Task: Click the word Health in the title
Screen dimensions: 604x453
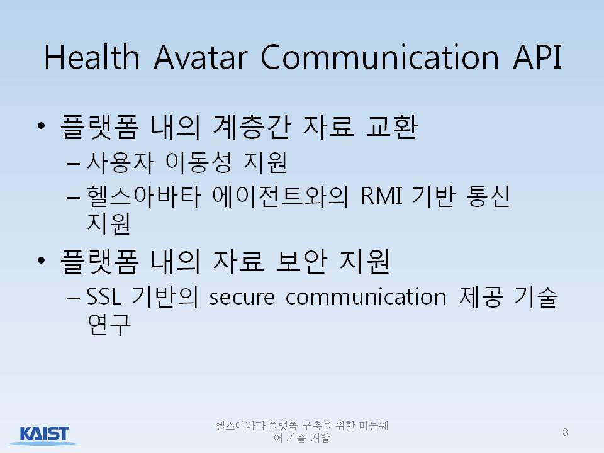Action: (92, 57)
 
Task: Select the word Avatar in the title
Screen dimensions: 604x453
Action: (200, 57)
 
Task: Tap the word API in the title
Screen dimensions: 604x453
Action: (537, 57)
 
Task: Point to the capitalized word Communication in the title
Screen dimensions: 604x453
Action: (380, 57)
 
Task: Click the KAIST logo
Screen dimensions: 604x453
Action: (44, 435)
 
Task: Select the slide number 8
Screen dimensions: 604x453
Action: (565, 432)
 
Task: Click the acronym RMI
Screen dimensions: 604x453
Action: (381, 196)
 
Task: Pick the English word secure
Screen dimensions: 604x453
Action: (242, 298)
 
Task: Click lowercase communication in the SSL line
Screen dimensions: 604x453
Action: (366, 297)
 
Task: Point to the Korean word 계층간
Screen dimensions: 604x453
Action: (251, 126)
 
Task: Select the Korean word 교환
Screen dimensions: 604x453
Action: (392, 126)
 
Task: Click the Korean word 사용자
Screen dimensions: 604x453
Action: (121, 162)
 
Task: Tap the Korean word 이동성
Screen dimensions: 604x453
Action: (199, 162)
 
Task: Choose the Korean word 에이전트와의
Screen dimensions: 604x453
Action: (281, 196)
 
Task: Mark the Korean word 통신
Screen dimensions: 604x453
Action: (488, 196)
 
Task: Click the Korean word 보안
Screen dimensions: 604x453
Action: (301, 262)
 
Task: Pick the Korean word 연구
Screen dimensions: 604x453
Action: (109, 325)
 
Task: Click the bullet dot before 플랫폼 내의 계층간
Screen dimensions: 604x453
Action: (42, 126)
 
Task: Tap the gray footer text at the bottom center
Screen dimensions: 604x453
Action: (301, 432)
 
